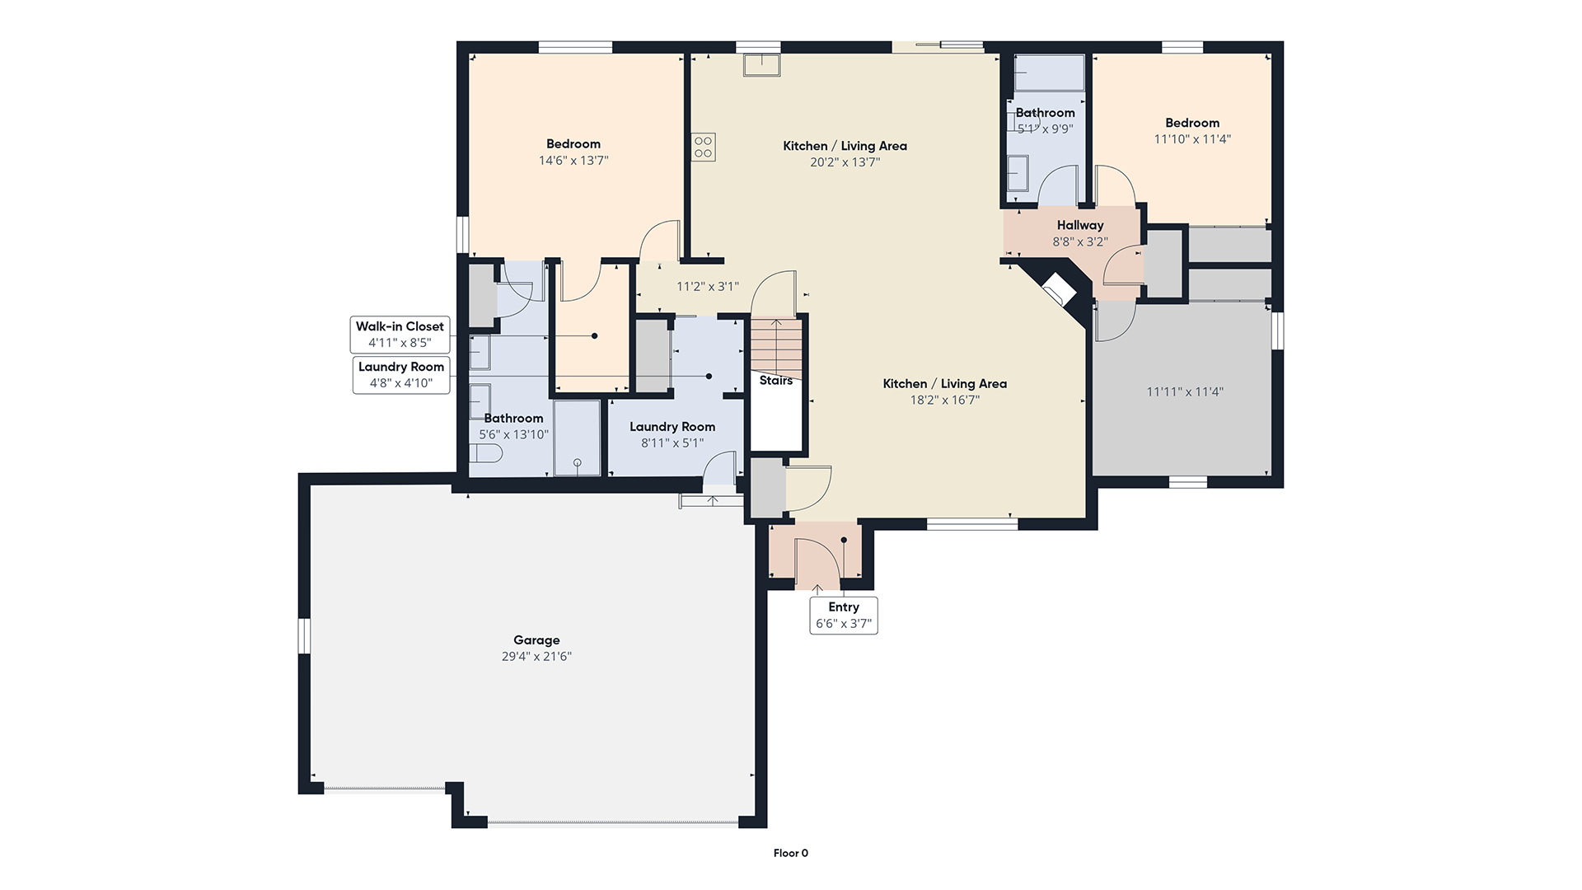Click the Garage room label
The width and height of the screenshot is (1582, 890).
[x=536, y=639]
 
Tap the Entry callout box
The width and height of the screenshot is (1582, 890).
[x=844, y=616]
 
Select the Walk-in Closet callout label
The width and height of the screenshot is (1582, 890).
[x=400, y=335]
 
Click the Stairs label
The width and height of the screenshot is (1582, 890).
[x=776, y=381]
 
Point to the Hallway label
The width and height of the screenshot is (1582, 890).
[x=1080, y=225]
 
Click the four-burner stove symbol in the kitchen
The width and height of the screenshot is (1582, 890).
[x=703, y=147]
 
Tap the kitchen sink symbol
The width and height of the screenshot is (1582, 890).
[x=762, y=64]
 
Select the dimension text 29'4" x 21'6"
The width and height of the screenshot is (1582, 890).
[x=536, y=657]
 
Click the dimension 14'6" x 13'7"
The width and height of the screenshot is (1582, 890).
[x=573, y=161]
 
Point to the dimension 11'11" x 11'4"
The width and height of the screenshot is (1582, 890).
[x=1185, y=392]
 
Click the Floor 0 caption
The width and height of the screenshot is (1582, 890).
[x=791, y=854]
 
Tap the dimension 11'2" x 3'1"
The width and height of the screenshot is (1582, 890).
[x=708, y=287]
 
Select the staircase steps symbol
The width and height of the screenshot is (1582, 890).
[x=775, y=345]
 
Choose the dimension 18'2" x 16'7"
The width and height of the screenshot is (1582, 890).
[x=944, y=400]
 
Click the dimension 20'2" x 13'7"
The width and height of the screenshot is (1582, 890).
[x=845, y=162]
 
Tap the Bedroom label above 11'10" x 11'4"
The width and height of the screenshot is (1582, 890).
[x=1192, y=123]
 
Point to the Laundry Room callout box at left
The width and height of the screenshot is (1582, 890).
[x=401, y=375]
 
